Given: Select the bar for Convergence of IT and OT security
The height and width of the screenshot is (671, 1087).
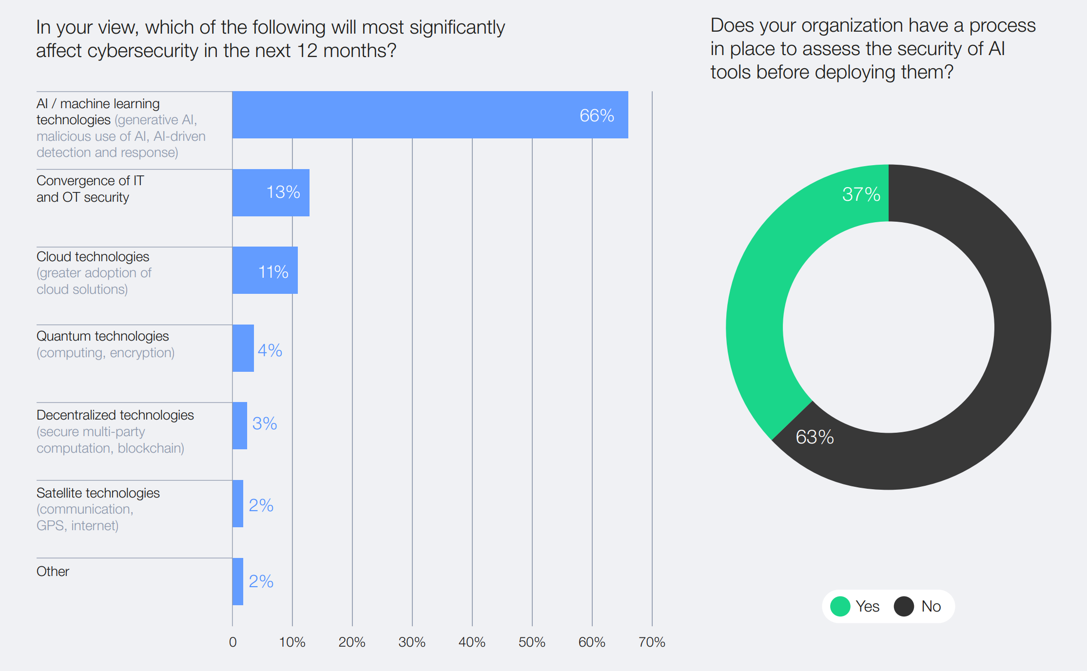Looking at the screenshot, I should [x=271, y=193].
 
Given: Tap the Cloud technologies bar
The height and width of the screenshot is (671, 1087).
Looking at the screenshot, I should [x=265, y=270].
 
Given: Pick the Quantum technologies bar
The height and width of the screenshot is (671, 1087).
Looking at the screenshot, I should [x=243, y=348].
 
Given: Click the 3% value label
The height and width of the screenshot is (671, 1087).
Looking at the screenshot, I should [x=264, y=423].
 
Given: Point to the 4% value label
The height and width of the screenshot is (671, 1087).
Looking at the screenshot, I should [x=270, y=350].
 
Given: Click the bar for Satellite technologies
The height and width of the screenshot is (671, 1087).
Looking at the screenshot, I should [x=238, y=504].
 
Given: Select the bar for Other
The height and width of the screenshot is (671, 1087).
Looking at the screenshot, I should [x=238, y=582].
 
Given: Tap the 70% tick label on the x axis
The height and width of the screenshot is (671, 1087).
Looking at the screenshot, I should [x=652, y=642].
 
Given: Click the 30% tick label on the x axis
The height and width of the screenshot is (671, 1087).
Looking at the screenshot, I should [x=412, y=642].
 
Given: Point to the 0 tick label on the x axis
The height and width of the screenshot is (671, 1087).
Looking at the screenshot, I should [x=233, y=642].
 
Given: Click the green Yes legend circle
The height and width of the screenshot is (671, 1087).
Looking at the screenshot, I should [x=840, y=607].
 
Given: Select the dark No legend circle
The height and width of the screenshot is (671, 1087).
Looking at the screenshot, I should [x=904, y=607].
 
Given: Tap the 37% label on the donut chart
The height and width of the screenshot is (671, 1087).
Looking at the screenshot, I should [x=861, y=194].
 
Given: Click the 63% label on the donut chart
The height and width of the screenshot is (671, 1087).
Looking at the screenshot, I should [x=815, y=437].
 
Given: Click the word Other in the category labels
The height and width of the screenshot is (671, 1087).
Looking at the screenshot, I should [x=53, y=572].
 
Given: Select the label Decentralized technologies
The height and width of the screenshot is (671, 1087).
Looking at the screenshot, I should [x=115, y=415].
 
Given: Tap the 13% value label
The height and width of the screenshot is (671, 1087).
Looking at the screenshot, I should [x=283, y=192].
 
